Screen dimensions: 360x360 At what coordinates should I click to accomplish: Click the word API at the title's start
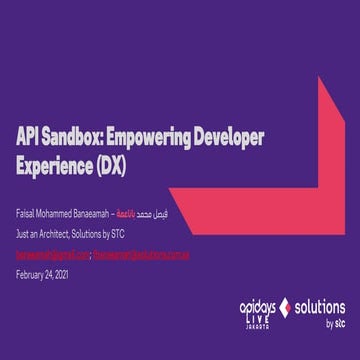(x=27, y=137)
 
